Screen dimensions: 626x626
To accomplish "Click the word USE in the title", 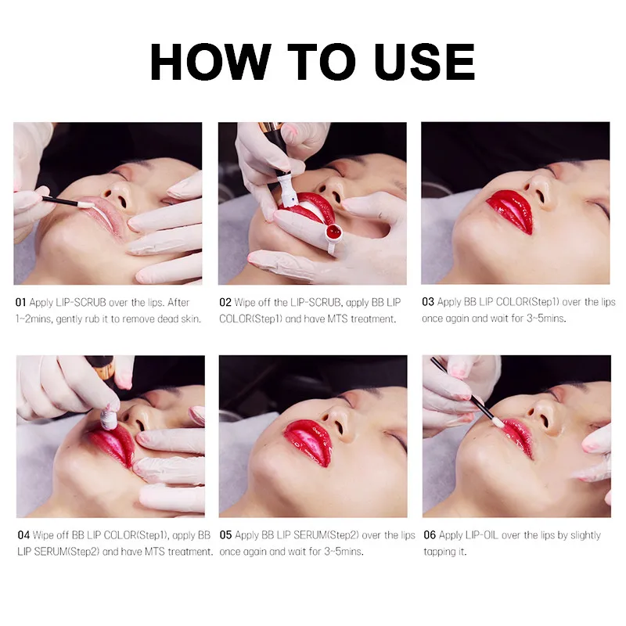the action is [x=425, y=62].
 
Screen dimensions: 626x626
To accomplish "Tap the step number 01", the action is [x=21, y=302].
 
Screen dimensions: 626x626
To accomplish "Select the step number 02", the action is [x=225, y=302].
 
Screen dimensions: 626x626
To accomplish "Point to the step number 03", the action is [x=428, y=302].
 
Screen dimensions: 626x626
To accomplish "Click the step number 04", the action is [x=23, y=534].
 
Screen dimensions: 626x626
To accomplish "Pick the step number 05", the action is [x=225, y=534].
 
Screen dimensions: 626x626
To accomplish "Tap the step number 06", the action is [x=430, y=534].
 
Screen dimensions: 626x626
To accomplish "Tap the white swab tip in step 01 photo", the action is [x=86, y=205].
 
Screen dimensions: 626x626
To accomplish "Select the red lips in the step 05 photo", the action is [x=309, y=442].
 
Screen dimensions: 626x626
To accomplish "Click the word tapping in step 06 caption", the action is [x=438, y=552].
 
